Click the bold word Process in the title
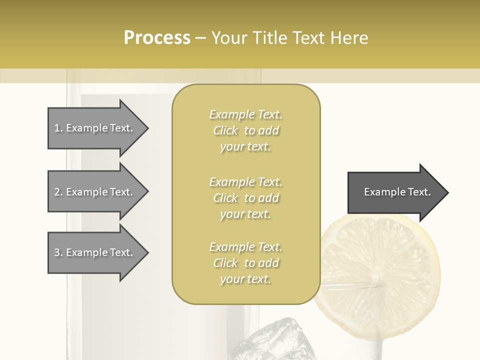157,38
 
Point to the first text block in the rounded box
245,130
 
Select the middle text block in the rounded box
245,198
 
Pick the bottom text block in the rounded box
245,263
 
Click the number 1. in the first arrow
58,128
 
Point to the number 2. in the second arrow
58,192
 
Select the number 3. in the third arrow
58,252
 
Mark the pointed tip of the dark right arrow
447,192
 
